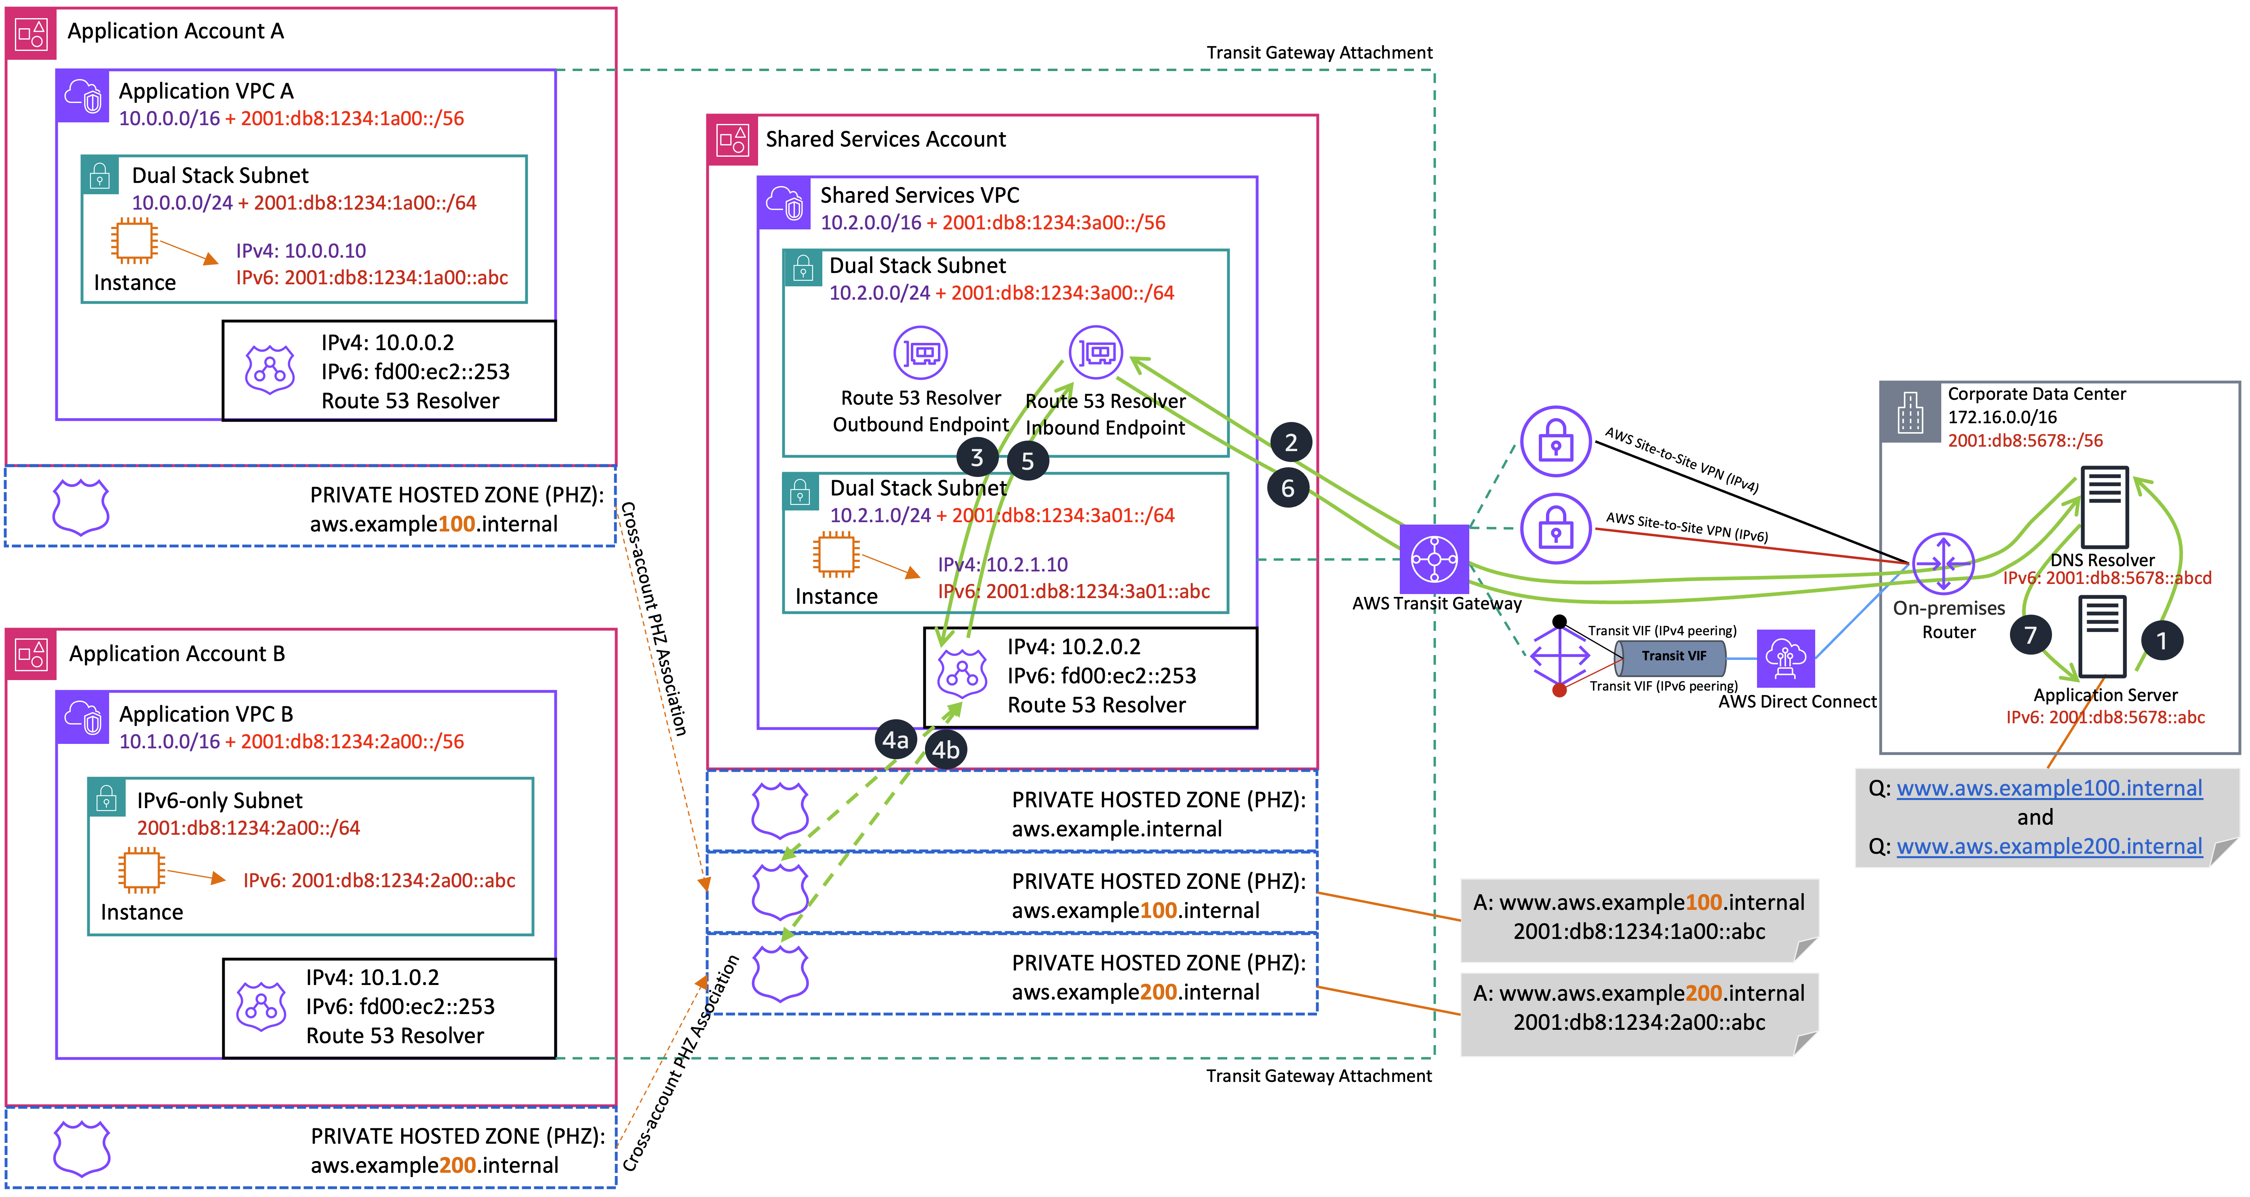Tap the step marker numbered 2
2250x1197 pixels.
click(x=1290, y=443)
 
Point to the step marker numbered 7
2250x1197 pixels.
click(x=2030, y=635)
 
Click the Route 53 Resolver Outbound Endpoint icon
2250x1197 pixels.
click(x=921, y=353)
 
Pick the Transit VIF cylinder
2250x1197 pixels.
click(x=1670, y=657)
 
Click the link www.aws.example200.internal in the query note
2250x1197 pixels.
click(x=2049, y=846)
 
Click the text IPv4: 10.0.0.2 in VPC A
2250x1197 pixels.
click(x=387, y=342)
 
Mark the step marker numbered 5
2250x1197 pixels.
click(x=1027, y=461)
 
